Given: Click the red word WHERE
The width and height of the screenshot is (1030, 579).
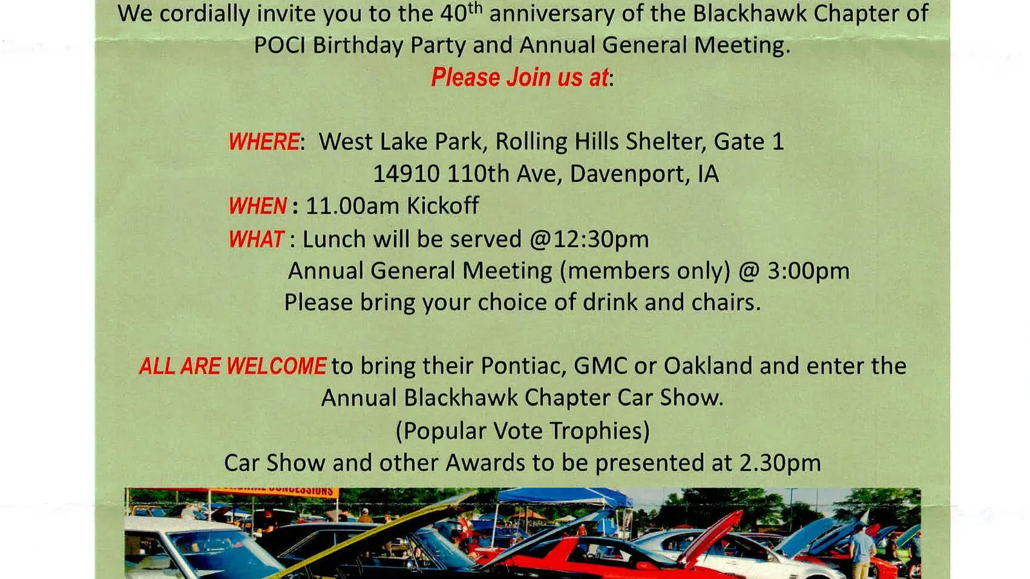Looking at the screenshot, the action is click(x=264, y=142).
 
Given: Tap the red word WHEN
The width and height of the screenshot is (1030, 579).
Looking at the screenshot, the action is click(x=257, y=205).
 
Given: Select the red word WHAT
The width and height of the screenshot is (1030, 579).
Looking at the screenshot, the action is click(x=256, y=239).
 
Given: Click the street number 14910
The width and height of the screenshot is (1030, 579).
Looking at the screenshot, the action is click(x=406, y=174).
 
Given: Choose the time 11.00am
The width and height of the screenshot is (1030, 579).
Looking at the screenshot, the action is click(x=353, y=205).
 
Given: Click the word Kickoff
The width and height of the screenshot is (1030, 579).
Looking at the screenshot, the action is click(x=443, y=205).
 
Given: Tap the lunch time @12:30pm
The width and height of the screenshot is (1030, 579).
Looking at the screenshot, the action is click(x=589, y=239).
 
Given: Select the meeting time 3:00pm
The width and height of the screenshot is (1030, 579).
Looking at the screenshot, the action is click(x=809, y=271).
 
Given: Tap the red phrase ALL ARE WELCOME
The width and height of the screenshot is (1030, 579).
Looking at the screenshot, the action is click(x=232, y=366).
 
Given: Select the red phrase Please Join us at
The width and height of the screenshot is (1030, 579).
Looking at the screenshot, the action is click(x=520, y=77).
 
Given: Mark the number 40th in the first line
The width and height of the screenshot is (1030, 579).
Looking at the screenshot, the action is click(x=461, y=12).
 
